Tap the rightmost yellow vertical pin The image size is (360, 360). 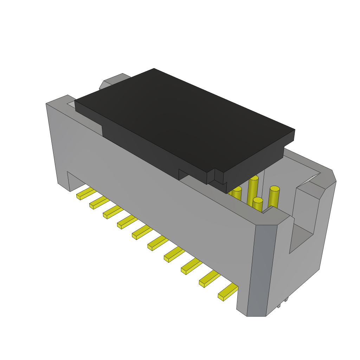click(274, 197)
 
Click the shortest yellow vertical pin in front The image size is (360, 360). click(257, 205)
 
